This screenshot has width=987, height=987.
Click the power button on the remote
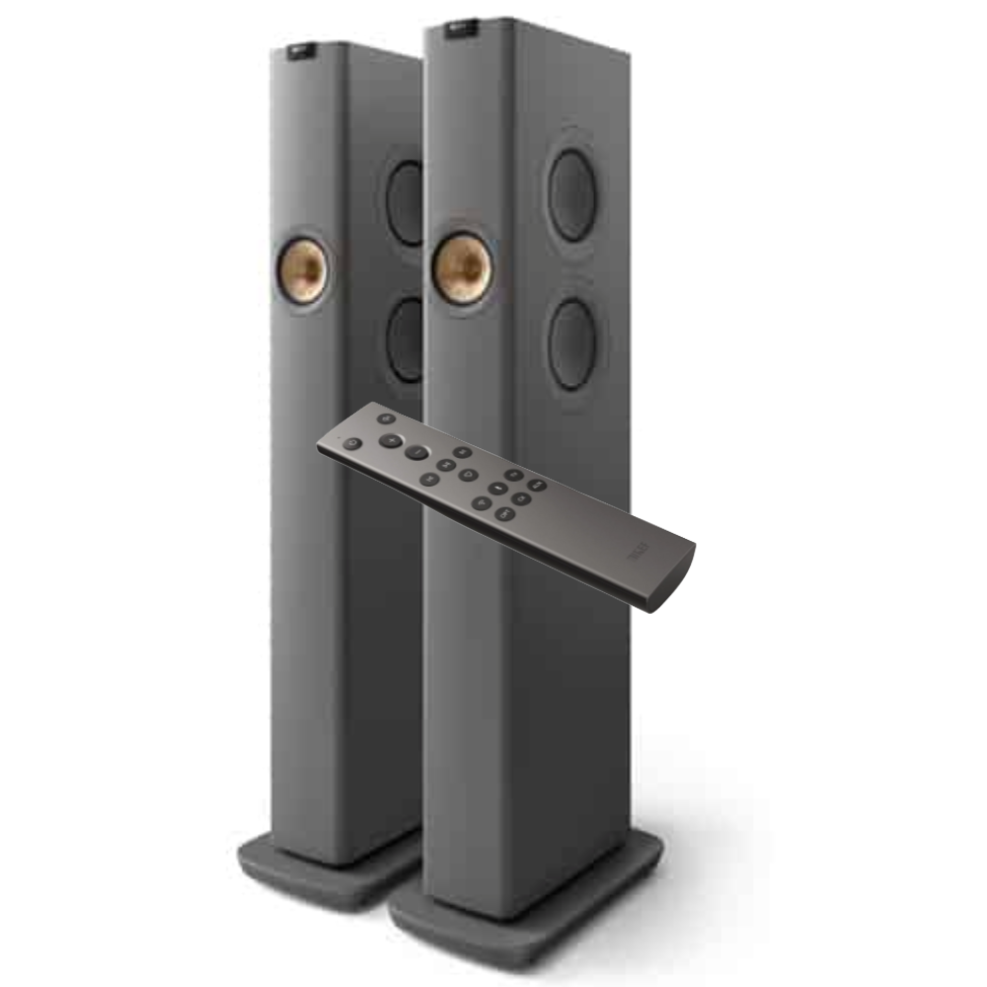point(352,444)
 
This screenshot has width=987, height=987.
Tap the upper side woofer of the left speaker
point(406,202)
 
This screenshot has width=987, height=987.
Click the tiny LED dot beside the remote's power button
point(339,437)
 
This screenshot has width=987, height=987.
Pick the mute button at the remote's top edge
point(386,418)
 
